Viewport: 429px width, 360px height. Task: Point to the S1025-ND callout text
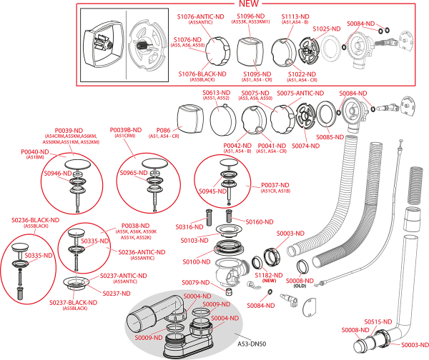point(326,29)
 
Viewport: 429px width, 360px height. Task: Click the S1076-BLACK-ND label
point(202,74)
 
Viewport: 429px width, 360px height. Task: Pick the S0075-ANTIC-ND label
point(300,93)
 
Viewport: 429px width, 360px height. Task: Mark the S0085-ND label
point(329,136)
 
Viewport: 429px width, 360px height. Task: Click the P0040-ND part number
point(34,151)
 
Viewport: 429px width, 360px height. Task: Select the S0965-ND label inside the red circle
point(133,173)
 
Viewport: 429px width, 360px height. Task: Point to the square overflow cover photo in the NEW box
point(102,41)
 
